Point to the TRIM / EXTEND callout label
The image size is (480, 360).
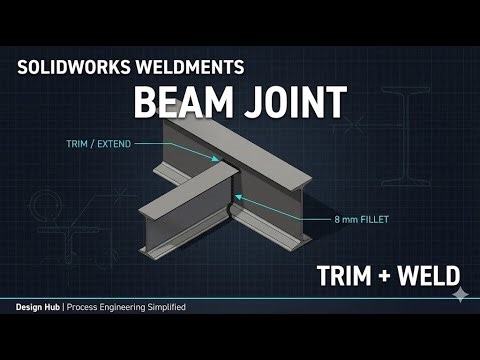tap(104, 142)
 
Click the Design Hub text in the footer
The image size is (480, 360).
tap(35, 306)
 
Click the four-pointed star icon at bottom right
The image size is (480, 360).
tap(460, 295)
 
